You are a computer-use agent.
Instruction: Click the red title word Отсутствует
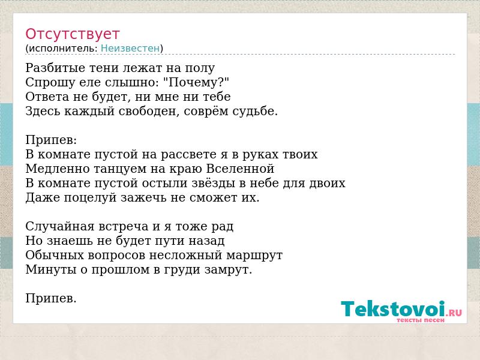[72, 34]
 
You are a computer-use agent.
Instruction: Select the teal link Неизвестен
[130, 49]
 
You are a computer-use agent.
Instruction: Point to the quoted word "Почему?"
[196, 82]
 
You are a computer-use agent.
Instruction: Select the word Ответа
[47, 97]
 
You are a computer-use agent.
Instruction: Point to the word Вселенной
[240, 169]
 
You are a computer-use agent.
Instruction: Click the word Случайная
[60, 227]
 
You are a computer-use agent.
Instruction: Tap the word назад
[206, 241]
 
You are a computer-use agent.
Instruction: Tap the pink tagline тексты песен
[421, 320]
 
